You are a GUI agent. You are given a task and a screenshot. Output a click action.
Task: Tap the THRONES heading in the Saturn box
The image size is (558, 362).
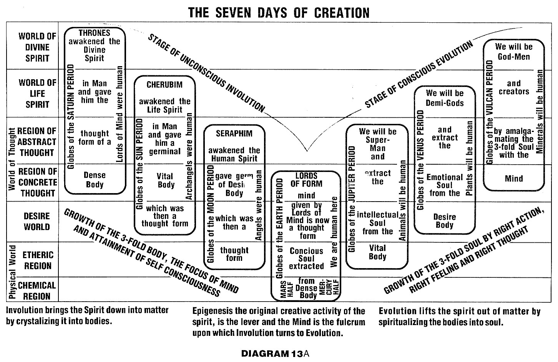point(95,33)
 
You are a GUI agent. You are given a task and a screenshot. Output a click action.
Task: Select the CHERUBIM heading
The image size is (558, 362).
point(164,84)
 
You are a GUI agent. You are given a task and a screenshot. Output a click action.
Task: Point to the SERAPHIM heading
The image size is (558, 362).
point(234,133)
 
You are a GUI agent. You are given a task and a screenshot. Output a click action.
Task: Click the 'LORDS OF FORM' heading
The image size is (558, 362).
point(306,180)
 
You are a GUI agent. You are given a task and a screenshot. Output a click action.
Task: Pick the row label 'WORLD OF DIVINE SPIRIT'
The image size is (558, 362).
point(37,47)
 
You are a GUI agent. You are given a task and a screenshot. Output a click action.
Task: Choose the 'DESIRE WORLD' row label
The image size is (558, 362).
point(37,221)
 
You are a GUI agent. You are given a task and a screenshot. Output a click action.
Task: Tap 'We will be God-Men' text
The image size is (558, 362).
point(514,52)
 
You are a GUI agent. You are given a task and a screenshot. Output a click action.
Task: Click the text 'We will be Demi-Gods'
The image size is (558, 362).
point(445,98)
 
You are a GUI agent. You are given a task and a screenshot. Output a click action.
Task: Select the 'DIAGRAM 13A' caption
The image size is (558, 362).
point(275,354)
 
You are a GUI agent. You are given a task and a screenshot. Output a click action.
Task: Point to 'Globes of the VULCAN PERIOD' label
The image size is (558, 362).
point(490,113)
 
